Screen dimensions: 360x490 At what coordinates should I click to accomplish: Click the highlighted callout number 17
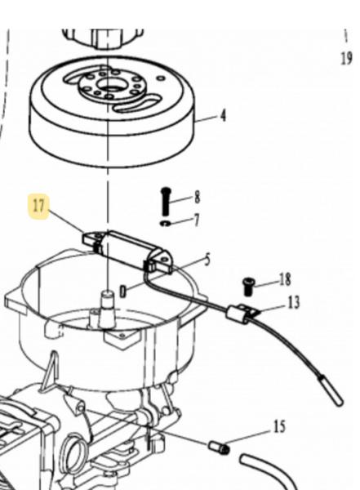[x=38, y=207]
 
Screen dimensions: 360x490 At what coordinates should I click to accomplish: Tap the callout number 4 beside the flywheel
[x=223, y=116]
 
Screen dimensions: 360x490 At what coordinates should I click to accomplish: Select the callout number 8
[x=197, y=198]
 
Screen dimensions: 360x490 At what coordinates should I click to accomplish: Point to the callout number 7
[x=196, y=220]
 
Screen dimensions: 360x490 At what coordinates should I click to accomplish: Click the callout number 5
[x=207, y=260]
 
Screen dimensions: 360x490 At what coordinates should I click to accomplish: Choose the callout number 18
[x=285, y=279]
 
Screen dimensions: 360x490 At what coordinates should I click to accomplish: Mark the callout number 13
[x=293, y=302]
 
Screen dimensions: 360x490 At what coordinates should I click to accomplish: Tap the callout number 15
[x=280, y=426]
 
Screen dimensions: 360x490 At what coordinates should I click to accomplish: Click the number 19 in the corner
[x=346, y=58]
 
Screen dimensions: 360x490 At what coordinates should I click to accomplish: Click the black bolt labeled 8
[x=166, y=200]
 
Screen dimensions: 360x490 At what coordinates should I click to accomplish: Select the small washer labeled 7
[x=164, y=223]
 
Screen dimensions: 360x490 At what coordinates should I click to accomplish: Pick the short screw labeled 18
[x=248, y=287]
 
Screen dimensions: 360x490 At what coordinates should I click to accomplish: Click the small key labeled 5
[x=123, y=292]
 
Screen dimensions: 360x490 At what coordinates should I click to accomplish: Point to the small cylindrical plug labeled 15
[x=219, y=448]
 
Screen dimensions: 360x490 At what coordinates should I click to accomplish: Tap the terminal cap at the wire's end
[x=331, y=391]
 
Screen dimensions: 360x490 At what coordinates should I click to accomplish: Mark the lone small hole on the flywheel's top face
[x=161, y=78]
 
